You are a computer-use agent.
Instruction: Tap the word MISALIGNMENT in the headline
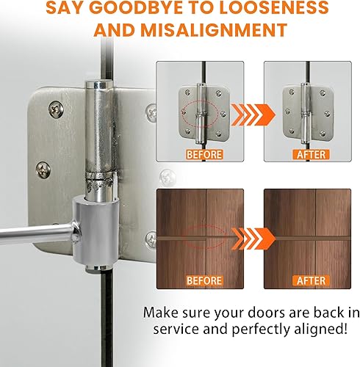tap(214, 30)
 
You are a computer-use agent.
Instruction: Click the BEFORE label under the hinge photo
tap(204, 155)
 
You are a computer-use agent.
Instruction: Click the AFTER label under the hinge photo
tap(311, 155)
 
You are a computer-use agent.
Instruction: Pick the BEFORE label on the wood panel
tap(204, 280)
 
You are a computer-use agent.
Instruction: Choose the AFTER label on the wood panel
tap(311, 280)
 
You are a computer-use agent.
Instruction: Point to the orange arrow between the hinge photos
tap(253, 115)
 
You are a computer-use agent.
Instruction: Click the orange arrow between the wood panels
tap(253, 239)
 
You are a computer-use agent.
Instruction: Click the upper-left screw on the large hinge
tap(56, 109)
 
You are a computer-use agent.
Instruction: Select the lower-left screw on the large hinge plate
tap(43, 170)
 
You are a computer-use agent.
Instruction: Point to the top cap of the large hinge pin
tap(99, 84)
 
